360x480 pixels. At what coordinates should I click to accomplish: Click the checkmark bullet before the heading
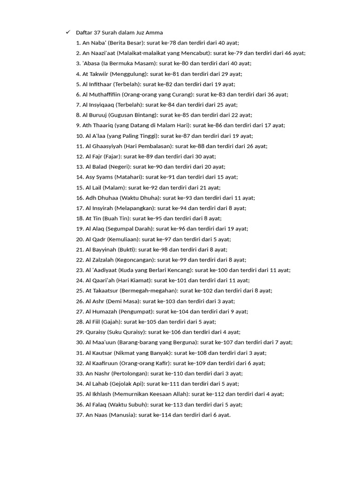[67, 32]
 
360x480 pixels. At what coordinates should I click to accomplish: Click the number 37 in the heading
[97, 32]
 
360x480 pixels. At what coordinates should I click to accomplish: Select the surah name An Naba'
[93, 43]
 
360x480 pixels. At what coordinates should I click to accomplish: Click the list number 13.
[79, 167]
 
